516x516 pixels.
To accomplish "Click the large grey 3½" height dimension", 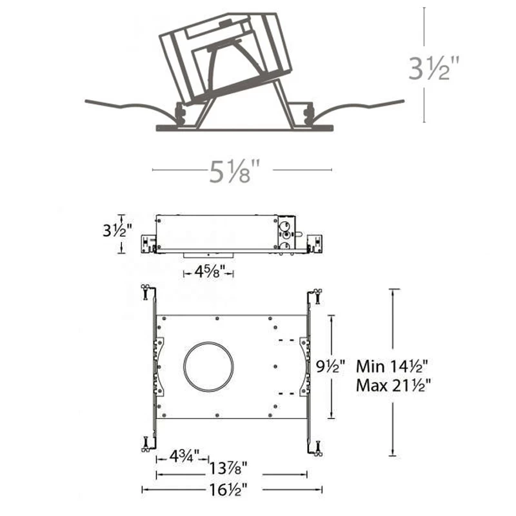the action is pyautogui.click(x=433, y=69).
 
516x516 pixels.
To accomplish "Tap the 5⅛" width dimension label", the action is pyautogui.click(x=234, y=171).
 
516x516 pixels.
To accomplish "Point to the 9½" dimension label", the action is pyautogui.click(x=330, y=366).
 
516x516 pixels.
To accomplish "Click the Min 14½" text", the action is pyautogui.click(x=392, y=366).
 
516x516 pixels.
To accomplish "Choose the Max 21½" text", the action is pyautogui.click(x=393, y=385).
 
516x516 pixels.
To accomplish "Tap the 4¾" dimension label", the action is pyautogui.click(x=184, y=456).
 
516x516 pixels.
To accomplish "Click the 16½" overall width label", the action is pyautogui.click(x=228, y=490).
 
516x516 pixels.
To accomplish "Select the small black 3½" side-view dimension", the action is pyautogui.click(x=117, y=230).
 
